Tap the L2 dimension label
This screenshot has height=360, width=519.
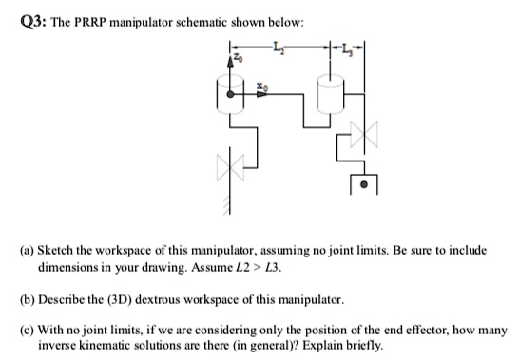(x=278, y=46)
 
